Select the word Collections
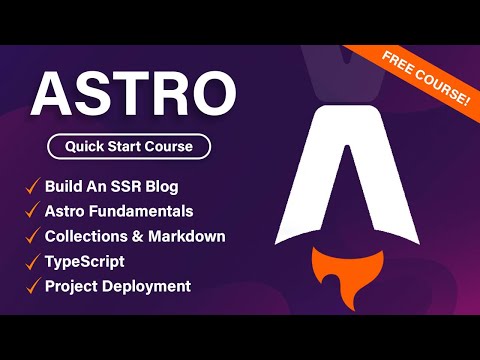[89, 237]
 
